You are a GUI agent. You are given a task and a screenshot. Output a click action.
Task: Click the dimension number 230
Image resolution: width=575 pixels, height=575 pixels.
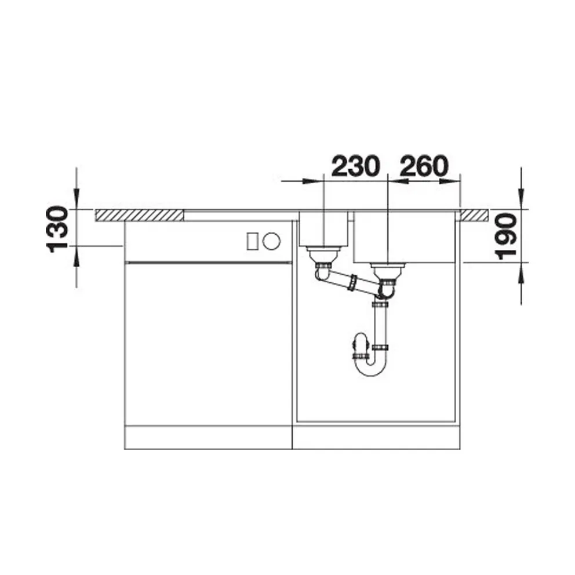354,166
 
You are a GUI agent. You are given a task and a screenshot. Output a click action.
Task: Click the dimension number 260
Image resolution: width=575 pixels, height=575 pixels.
424,166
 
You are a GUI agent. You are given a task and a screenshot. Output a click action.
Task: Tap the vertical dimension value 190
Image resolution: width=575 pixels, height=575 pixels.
505,237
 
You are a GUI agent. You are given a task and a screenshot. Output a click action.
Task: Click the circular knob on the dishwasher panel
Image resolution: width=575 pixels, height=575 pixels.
271,241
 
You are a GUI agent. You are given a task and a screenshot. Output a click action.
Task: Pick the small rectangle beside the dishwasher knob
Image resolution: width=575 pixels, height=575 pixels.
252,241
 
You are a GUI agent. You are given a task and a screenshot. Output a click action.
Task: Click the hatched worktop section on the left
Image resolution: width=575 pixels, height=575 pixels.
139,215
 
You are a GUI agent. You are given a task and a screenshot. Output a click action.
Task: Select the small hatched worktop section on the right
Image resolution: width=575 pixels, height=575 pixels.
475,215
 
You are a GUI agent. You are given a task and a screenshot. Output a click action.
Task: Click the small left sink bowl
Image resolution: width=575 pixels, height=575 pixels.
323,229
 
